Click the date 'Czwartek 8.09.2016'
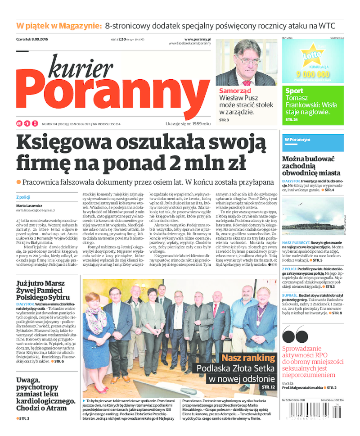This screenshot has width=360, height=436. pyautogui.click(x=32, y=40)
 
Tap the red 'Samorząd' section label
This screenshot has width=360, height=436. pyautogui.click(x=235, y=91)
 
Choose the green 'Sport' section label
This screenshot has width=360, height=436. pyautogui.click(x=294, y=91)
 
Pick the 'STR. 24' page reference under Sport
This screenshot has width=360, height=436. pyautogui.click(x=292, y=120)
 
